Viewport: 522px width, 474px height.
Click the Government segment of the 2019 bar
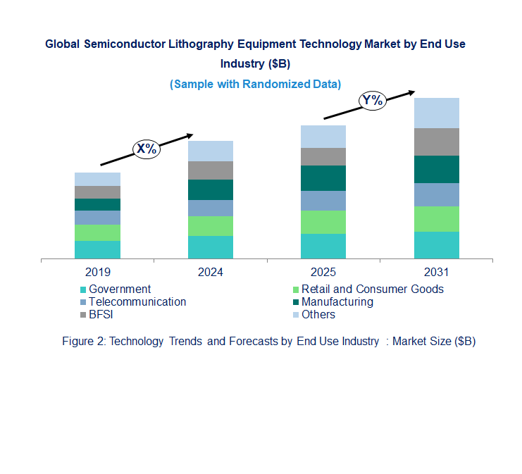pos(97,249)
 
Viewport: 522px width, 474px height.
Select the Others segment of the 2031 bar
pos(436,113)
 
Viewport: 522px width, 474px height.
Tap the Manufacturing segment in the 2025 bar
pos(323,178)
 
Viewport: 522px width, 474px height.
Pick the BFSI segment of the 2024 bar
pos(211,170)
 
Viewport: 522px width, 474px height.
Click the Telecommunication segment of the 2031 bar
pos(436,194)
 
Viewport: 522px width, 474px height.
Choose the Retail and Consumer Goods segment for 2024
pos(211,226)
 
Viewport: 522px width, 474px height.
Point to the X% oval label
pos(147,149)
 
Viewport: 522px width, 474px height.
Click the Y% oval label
pos(372,100)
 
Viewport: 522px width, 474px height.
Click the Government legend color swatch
pos(84,289)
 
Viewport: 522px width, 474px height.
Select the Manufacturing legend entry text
pos(337,302)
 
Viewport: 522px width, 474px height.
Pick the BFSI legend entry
pos(101,315)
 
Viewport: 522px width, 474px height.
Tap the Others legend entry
pos(318,315)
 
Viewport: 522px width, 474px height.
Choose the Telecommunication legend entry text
pos(137,302)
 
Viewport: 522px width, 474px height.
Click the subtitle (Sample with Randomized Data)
pos(255,84)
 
